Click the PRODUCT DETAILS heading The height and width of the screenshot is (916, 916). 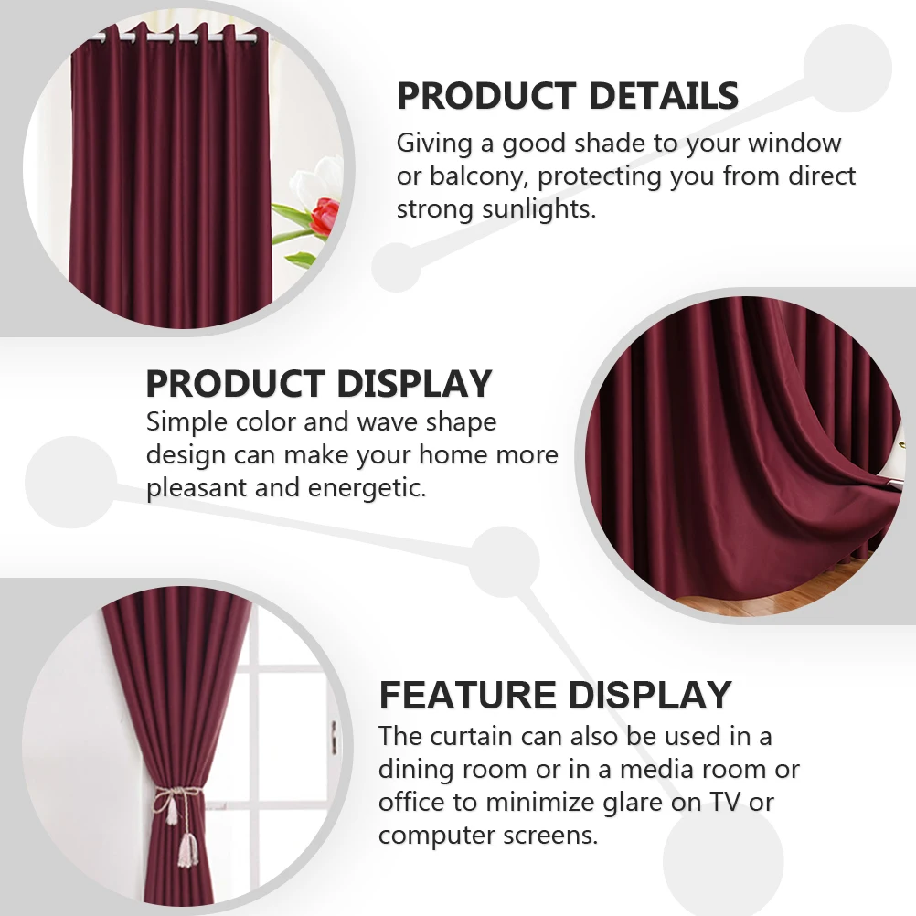(567, 96)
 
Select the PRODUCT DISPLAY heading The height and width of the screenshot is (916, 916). (319, 384)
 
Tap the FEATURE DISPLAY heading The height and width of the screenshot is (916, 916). (555, 696)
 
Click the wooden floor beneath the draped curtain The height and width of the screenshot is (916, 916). (731, 604)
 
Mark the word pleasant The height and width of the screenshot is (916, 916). (196, 487)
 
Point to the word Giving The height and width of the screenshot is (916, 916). (436, 144)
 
